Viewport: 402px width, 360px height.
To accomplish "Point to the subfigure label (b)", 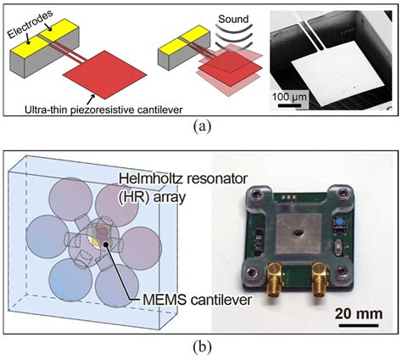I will (200, 346).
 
